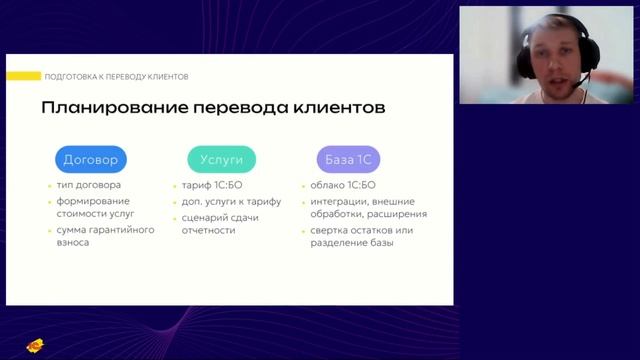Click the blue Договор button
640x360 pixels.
[90, 159]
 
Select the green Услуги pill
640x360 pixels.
[221, 159]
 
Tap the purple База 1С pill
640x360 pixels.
[352, 159]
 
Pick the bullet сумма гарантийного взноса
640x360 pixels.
[105, 237]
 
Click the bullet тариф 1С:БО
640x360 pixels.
[214, 186]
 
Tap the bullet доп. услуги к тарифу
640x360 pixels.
[231, 201]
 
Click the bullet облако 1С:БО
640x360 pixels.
[343, 186]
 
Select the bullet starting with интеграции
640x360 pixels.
[367, 208]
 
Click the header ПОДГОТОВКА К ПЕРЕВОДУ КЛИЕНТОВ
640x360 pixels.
[116, 77]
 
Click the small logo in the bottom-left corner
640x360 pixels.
[34, 346]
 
